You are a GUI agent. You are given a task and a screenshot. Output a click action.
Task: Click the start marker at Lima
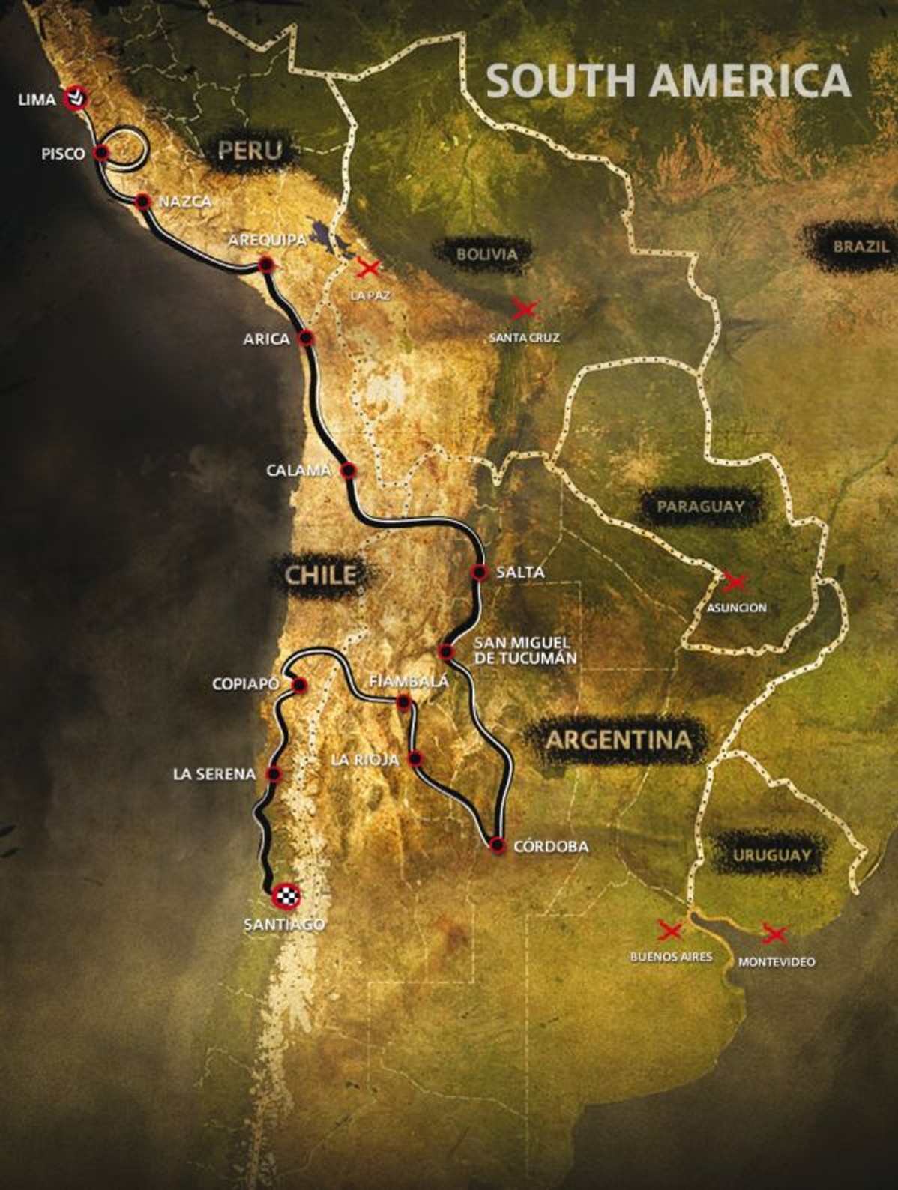76,97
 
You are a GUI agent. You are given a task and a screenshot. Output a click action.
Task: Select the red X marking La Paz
368,267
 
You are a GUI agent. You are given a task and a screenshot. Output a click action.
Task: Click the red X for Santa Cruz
524,308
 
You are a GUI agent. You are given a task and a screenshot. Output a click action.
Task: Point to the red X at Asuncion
734,581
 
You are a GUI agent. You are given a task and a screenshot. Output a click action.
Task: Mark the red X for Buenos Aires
669,931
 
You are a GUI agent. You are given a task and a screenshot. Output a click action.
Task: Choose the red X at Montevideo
774,934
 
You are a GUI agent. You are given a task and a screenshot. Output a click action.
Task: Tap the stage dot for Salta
480,572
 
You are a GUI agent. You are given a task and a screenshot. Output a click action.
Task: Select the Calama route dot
348,471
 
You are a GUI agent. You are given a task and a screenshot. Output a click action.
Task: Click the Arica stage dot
306,338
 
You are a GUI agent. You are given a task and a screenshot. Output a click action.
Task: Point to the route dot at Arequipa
264,264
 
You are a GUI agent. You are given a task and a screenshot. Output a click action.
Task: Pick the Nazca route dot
142,201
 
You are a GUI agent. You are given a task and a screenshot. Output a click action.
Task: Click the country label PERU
250,151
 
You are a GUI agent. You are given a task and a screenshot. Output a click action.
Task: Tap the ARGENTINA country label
618,740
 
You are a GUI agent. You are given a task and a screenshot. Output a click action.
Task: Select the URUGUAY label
772,855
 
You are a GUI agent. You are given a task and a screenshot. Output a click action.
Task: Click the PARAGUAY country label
700,507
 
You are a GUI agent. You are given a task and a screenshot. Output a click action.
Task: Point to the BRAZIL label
861,246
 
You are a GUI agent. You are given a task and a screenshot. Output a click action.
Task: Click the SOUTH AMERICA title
669,80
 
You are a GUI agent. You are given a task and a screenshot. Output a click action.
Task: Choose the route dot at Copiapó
299,684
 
